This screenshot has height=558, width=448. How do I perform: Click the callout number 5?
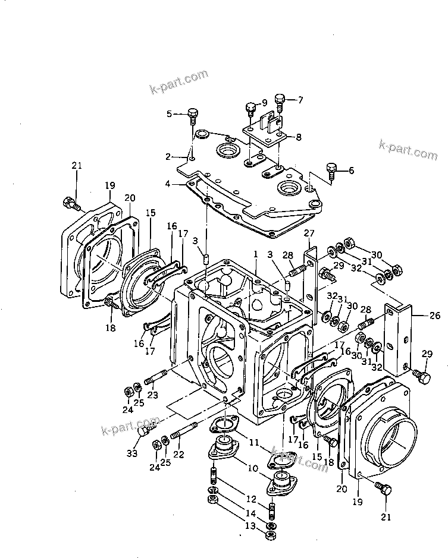point(169,114)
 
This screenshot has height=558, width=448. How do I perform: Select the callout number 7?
point(300,100)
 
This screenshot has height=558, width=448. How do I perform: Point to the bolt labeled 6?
point(332,170)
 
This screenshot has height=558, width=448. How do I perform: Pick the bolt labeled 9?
point(250,110)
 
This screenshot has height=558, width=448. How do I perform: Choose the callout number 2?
point(168,157)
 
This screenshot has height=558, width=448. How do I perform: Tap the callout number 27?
point(309,233)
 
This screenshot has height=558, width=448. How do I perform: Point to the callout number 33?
point(131,454)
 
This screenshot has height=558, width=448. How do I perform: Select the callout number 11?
point(253,442)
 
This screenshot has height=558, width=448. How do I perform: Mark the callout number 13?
point(250,526)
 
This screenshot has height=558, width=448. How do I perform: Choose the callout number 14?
point(250,512)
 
